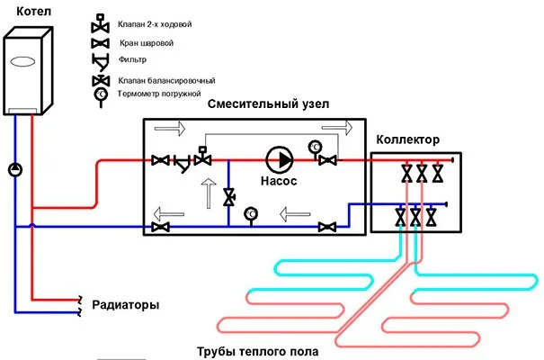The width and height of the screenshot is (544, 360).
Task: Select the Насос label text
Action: [280, 180]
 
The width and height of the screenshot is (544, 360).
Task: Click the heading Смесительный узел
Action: [268, 104]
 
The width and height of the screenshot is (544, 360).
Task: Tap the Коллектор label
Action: [406, 140]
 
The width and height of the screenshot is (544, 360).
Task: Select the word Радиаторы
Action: [125, 305]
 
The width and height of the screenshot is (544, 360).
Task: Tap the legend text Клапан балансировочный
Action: [161, 81]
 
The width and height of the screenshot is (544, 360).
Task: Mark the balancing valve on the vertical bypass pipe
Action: [229, 195]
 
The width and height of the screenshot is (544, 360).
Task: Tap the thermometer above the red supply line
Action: [315, 147]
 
